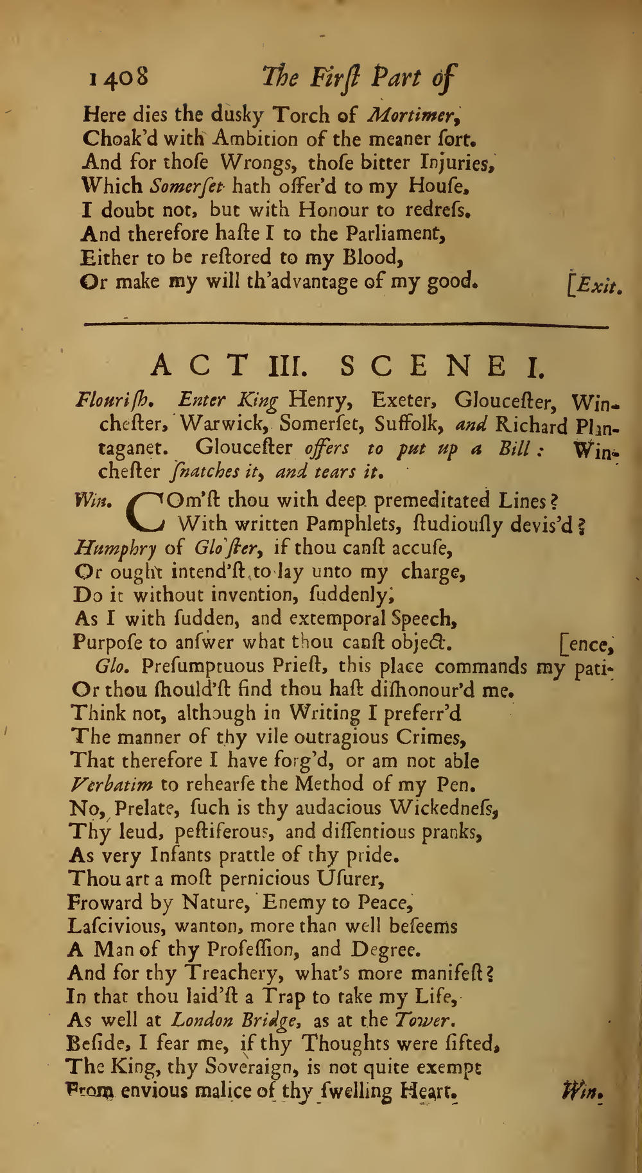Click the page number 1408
pyautogui.click(x=119, y=77)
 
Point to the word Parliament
pyautogui.click(x=394, y=234)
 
